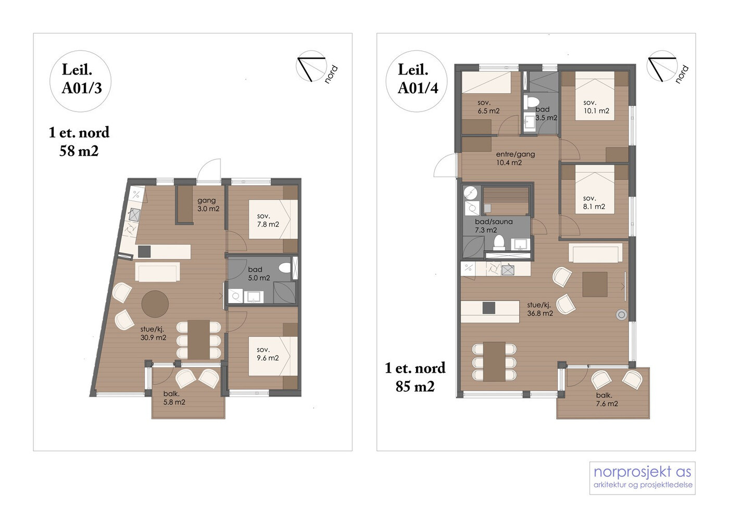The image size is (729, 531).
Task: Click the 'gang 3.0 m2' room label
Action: (208, 205)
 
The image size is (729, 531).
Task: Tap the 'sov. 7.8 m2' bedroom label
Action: (268, 220)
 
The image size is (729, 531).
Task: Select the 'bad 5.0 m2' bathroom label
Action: (259, 274)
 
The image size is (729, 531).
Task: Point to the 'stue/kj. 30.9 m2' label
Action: (153, 334)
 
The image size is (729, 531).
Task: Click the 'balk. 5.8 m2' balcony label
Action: (174, 398)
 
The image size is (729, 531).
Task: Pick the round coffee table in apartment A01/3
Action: (155, 304)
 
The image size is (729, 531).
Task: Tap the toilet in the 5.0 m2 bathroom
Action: (285, 268)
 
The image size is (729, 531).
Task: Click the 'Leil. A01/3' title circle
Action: (80, 81)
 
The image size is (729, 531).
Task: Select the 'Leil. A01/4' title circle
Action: (417, 81)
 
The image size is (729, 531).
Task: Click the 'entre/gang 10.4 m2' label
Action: (515, 158)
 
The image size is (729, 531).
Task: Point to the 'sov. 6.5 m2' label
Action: (488, 107)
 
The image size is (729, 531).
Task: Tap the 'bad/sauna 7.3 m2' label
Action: (494, 226)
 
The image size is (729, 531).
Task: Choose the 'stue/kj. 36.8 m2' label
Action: (540, 309)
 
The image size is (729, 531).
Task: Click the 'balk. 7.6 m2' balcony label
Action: (607, 399)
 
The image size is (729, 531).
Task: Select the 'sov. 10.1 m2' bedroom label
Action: (596, 106)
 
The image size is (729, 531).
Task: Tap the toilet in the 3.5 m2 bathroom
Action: (532, 102)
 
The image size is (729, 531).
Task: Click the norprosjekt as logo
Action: (643, 478)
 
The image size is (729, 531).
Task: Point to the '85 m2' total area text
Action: (415, 386)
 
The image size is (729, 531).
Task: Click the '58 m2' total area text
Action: (79, 151)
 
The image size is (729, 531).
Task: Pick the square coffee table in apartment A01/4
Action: (595, 285)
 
